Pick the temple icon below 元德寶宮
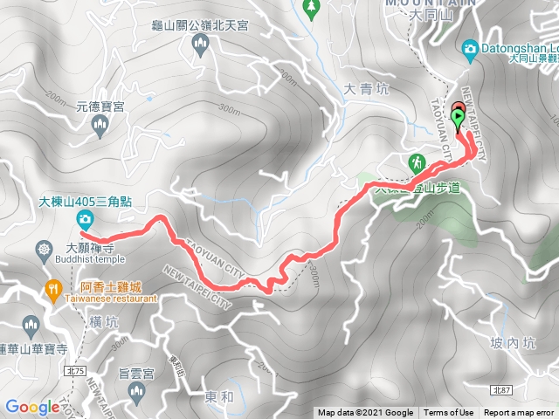click(100, 127)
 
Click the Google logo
click(32, 406)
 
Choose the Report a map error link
click(519, 413)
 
